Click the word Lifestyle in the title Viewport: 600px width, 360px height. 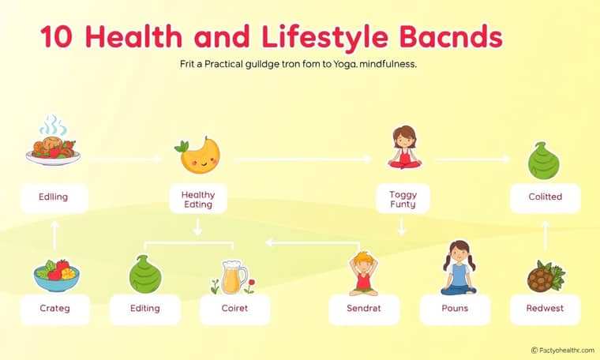click(x=325, y=38)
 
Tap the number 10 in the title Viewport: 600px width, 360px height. click(x=56, y=37)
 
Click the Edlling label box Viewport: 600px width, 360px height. click(x=54, y=198)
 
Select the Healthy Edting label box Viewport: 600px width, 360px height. click(x=198, y=199)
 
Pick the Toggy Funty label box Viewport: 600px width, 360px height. click(x=403, y=199)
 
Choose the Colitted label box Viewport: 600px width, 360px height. click(x=546, y=198)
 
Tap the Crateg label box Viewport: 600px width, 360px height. click(x=55, y=309)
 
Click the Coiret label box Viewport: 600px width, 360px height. click(x=235, y=309)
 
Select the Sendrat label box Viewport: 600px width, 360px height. click(x=364, y=309)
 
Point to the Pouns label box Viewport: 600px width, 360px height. click(x=455, y=309)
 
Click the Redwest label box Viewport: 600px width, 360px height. click(x=545, y=309)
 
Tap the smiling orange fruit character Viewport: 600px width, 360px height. click(x=198, y=156)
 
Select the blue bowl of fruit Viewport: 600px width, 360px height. click(x=56, y=276)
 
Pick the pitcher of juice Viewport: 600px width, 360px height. click(x=234, y=277)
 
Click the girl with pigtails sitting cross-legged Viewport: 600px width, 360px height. click(x=459, y=268)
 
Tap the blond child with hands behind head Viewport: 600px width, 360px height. click(x=363, y=273)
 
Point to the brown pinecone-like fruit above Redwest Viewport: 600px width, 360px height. click(x=546, y=276)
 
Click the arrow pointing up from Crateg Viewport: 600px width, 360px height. click(x=54, y=235)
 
